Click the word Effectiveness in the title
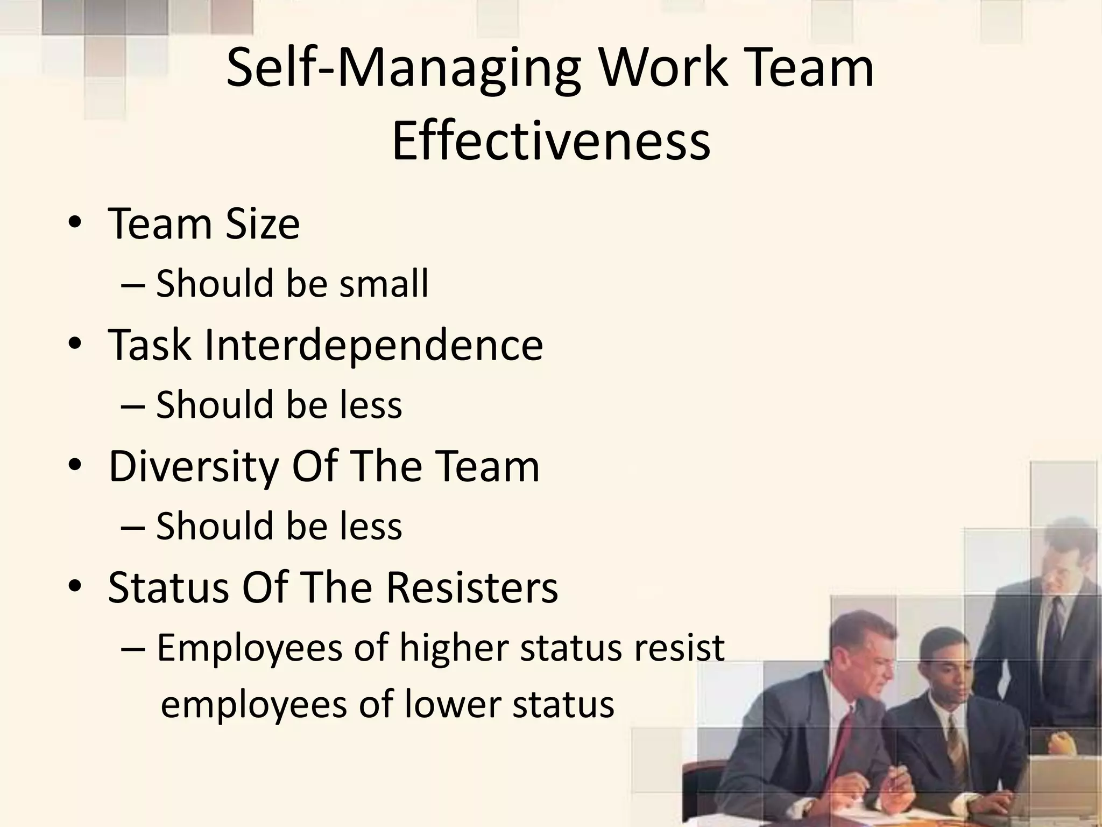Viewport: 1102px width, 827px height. [551, 141]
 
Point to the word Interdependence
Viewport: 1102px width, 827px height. [373, 345]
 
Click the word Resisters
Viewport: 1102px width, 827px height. [471, 587]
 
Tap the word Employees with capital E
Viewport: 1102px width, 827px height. [250, 648]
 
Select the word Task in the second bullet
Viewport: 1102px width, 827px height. [150, 345]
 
